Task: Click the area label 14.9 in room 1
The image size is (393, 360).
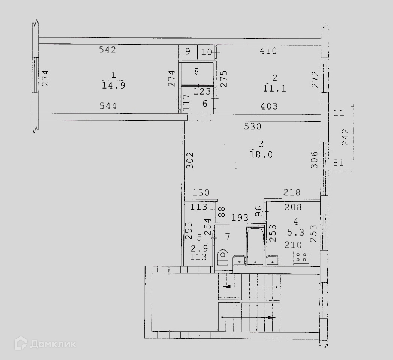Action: tap(113, 85)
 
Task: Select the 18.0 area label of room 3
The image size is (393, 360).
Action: tap(261, 154)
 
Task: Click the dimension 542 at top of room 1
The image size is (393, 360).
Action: tap(107, 49)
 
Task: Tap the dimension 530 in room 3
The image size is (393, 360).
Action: tap(252, 127)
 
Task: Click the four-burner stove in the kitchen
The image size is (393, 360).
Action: tap(301, 257)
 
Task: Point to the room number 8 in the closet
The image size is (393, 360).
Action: tap(196, 70)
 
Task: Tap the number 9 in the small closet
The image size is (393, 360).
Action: tap(187, 52)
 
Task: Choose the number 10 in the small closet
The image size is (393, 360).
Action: tap(207, 52)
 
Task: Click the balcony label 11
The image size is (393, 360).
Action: tap(339, 113)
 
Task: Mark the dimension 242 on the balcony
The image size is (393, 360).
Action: tap(346, 137)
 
